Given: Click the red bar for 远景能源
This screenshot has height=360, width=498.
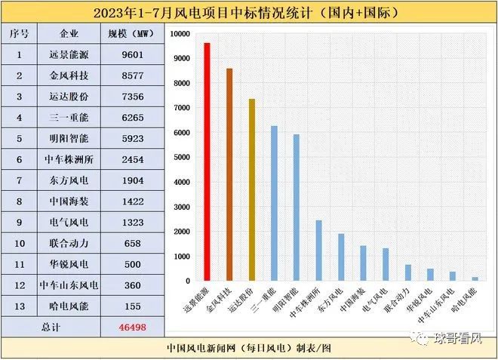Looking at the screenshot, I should click(x=207, y=162).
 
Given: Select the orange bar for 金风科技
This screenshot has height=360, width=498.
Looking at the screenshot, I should click(x=229, y=174).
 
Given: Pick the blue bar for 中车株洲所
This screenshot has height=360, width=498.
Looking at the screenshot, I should click(x=318, y=250).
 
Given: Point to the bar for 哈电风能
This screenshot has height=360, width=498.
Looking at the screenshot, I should click(x=475, y=278).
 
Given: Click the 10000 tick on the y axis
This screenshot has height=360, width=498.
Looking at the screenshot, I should click(x=179, y=34).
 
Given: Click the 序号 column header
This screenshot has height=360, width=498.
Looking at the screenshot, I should click(x=20, y=34).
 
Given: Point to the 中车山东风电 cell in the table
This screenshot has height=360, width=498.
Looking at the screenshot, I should click(x=69, y=286).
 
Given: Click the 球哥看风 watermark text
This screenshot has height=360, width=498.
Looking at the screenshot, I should click(x=460, y=339).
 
